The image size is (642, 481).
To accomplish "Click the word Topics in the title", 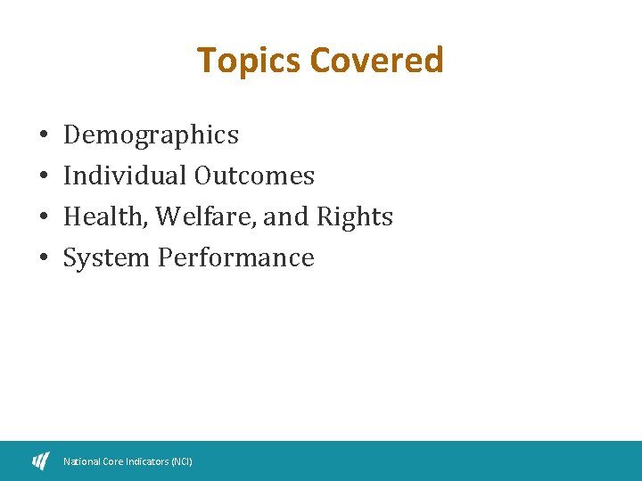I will coord(249,61).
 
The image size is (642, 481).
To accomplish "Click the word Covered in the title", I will coord(376,61).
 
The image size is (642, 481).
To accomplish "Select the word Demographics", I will coord(151,135).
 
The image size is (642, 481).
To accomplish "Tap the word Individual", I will coord(124,176).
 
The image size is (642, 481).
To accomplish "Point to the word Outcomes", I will coord(253,176).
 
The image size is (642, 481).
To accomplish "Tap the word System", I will coord(106,258).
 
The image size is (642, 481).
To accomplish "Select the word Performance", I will coord(235,258).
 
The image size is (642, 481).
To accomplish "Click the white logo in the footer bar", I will coord(41,461).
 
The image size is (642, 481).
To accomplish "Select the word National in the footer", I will coord(81,461).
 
